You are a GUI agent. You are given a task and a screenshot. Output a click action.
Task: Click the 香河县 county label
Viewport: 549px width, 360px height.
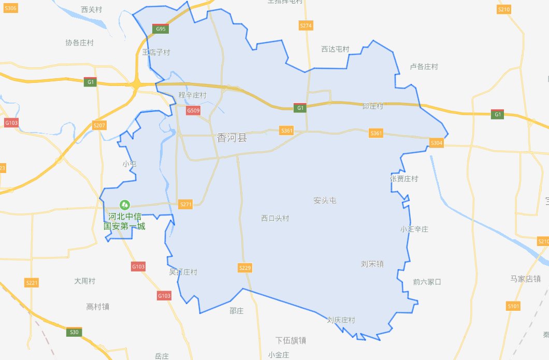pos(232,138)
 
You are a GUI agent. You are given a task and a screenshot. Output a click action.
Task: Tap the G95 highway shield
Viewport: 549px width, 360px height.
pos(161,29)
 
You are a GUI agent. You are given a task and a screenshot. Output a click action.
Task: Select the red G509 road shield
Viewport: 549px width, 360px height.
pos(193,110)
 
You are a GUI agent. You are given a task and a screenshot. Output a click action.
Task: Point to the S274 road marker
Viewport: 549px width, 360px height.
pos(306,25)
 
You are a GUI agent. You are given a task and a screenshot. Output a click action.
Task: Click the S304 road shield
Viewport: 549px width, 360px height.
pos(437,143)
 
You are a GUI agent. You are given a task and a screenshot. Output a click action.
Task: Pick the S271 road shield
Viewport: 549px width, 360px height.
pos(185,205)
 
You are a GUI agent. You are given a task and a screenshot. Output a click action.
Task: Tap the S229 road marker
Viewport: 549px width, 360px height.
pos(245,267)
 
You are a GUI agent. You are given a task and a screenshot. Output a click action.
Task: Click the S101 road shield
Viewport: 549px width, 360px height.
pos(513,306)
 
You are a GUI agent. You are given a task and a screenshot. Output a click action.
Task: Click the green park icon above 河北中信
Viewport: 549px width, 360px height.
pos(124,205)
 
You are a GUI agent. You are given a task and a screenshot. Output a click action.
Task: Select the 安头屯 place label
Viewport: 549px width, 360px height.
pos(325,200)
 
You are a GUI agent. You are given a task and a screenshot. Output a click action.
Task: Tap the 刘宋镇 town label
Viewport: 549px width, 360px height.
pos(372,264)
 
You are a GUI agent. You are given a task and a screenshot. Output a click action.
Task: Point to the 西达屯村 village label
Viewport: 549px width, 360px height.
pos(335,49)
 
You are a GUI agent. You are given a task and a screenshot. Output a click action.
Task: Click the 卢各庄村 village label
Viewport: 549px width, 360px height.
pos(424,67)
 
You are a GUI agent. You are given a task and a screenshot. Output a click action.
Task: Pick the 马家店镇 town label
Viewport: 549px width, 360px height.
pos(525,279)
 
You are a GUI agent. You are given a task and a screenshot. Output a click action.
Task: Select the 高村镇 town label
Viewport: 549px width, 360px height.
pos(97,307)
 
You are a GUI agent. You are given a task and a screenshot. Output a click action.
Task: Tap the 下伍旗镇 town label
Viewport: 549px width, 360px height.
pos(291,340)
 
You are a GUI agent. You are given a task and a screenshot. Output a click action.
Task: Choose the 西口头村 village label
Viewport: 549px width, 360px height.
pos(275,218)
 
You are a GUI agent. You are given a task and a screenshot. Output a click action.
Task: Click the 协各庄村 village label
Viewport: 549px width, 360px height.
pos(79,42)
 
